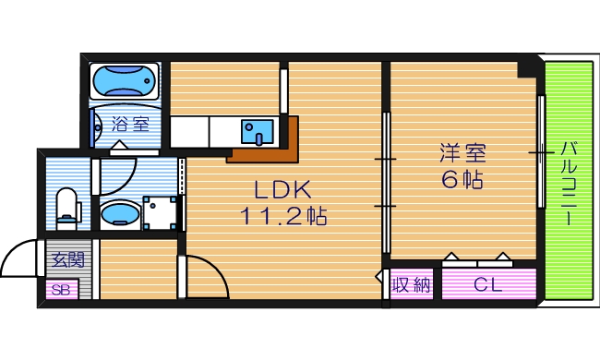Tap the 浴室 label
(x=126, y=123)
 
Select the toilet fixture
(x=66, y=207)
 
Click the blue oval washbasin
(x=119, y=215)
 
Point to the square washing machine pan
(x=162, y=214)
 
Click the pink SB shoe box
(x=62, y=291)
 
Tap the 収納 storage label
(x=412, y=285)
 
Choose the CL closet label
(x=488, y=285)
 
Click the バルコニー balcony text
(x=568, y=181)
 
